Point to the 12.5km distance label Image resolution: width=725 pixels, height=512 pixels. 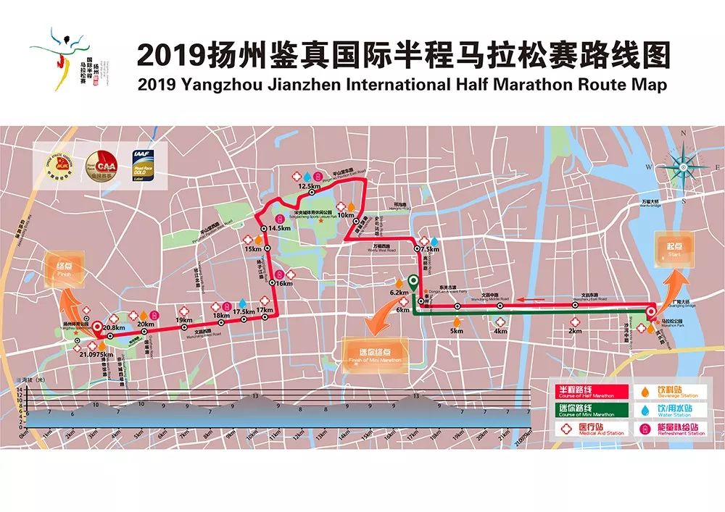pyautogui.click(x=309, y=186)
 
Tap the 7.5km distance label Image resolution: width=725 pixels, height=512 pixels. pyautogui.click(x=431, y=250)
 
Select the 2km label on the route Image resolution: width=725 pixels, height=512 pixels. pyautogui.click(x=575, y=330)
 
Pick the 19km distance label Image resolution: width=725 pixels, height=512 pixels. pyautogui.click(x=183, y=320)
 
